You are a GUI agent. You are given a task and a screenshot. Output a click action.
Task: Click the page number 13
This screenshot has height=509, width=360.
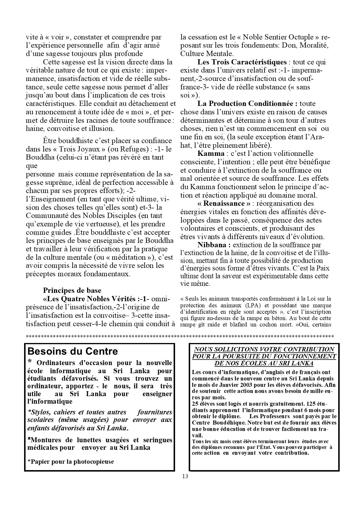(185, 476)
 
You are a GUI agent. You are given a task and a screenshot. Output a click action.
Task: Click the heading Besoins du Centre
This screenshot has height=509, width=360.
(73, 351)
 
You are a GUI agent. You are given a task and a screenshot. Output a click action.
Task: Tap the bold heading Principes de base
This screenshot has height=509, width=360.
(72, 290)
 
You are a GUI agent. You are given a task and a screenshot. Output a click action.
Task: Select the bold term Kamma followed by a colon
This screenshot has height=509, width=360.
(211, 154)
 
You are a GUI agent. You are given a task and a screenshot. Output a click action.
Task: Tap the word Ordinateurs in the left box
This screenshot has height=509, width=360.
(56, 363)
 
